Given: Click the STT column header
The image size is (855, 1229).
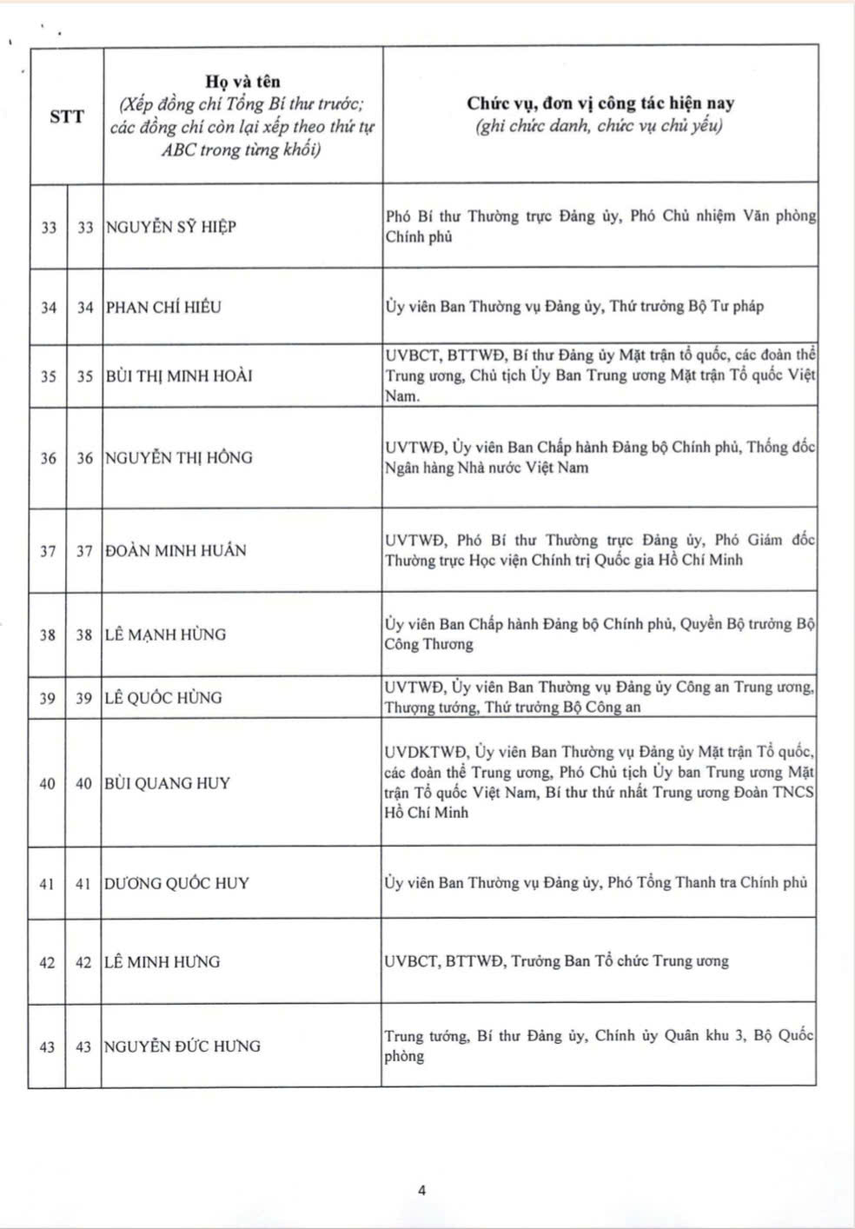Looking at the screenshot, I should click(x=67, y=116).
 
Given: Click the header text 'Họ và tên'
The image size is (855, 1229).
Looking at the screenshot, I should click(x=242, y=81).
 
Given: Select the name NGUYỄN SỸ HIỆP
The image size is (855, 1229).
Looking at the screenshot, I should click(x=170, y=228).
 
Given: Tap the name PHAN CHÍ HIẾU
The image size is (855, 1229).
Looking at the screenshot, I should click(x=163, y=307).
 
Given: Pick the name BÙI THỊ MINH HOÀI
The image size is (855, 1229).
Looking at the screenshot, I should click(x=178, y=376).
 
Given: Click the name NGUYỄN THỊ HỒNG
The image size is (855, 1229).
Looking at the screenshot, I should click(x=178, y=458).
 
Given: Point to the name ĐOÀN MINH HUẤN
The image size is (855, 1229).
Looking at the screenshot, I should click(x=175, y=551).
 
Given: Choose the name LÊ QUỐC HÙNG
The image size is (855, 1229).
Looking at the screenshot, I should click(x=162, y=698).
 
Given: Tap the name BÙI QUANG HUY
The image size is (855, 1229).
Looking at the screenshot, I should click(x=167, y=783).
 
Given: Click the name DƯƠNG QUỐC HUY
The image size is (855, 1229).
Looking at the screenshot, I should click(x=176, y=883).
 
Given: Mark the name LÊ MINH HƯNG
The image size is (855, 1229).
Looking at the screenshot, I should click(x=162, y=962).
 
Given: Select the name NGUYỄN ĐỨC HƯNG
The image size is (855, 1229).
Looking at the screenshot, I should click(x=182, y=1046).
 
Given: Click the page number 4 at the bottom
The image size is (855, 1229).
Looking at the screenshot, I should click(x=422, y=1191).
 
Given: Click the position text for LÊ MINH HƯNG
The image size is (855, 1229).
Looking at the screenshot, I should click(x=556, y=961).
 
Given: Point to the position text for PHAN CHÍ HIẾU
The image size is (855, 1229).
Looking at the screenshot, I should click(x=574, y=306).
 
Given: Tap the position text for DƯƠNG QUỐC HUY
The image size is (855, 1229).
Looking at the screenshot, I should click(x=596, y=883).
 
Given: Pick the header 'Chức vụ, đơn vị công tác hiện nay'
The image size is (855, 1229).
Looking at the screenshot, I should click(x=600, y=103).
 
